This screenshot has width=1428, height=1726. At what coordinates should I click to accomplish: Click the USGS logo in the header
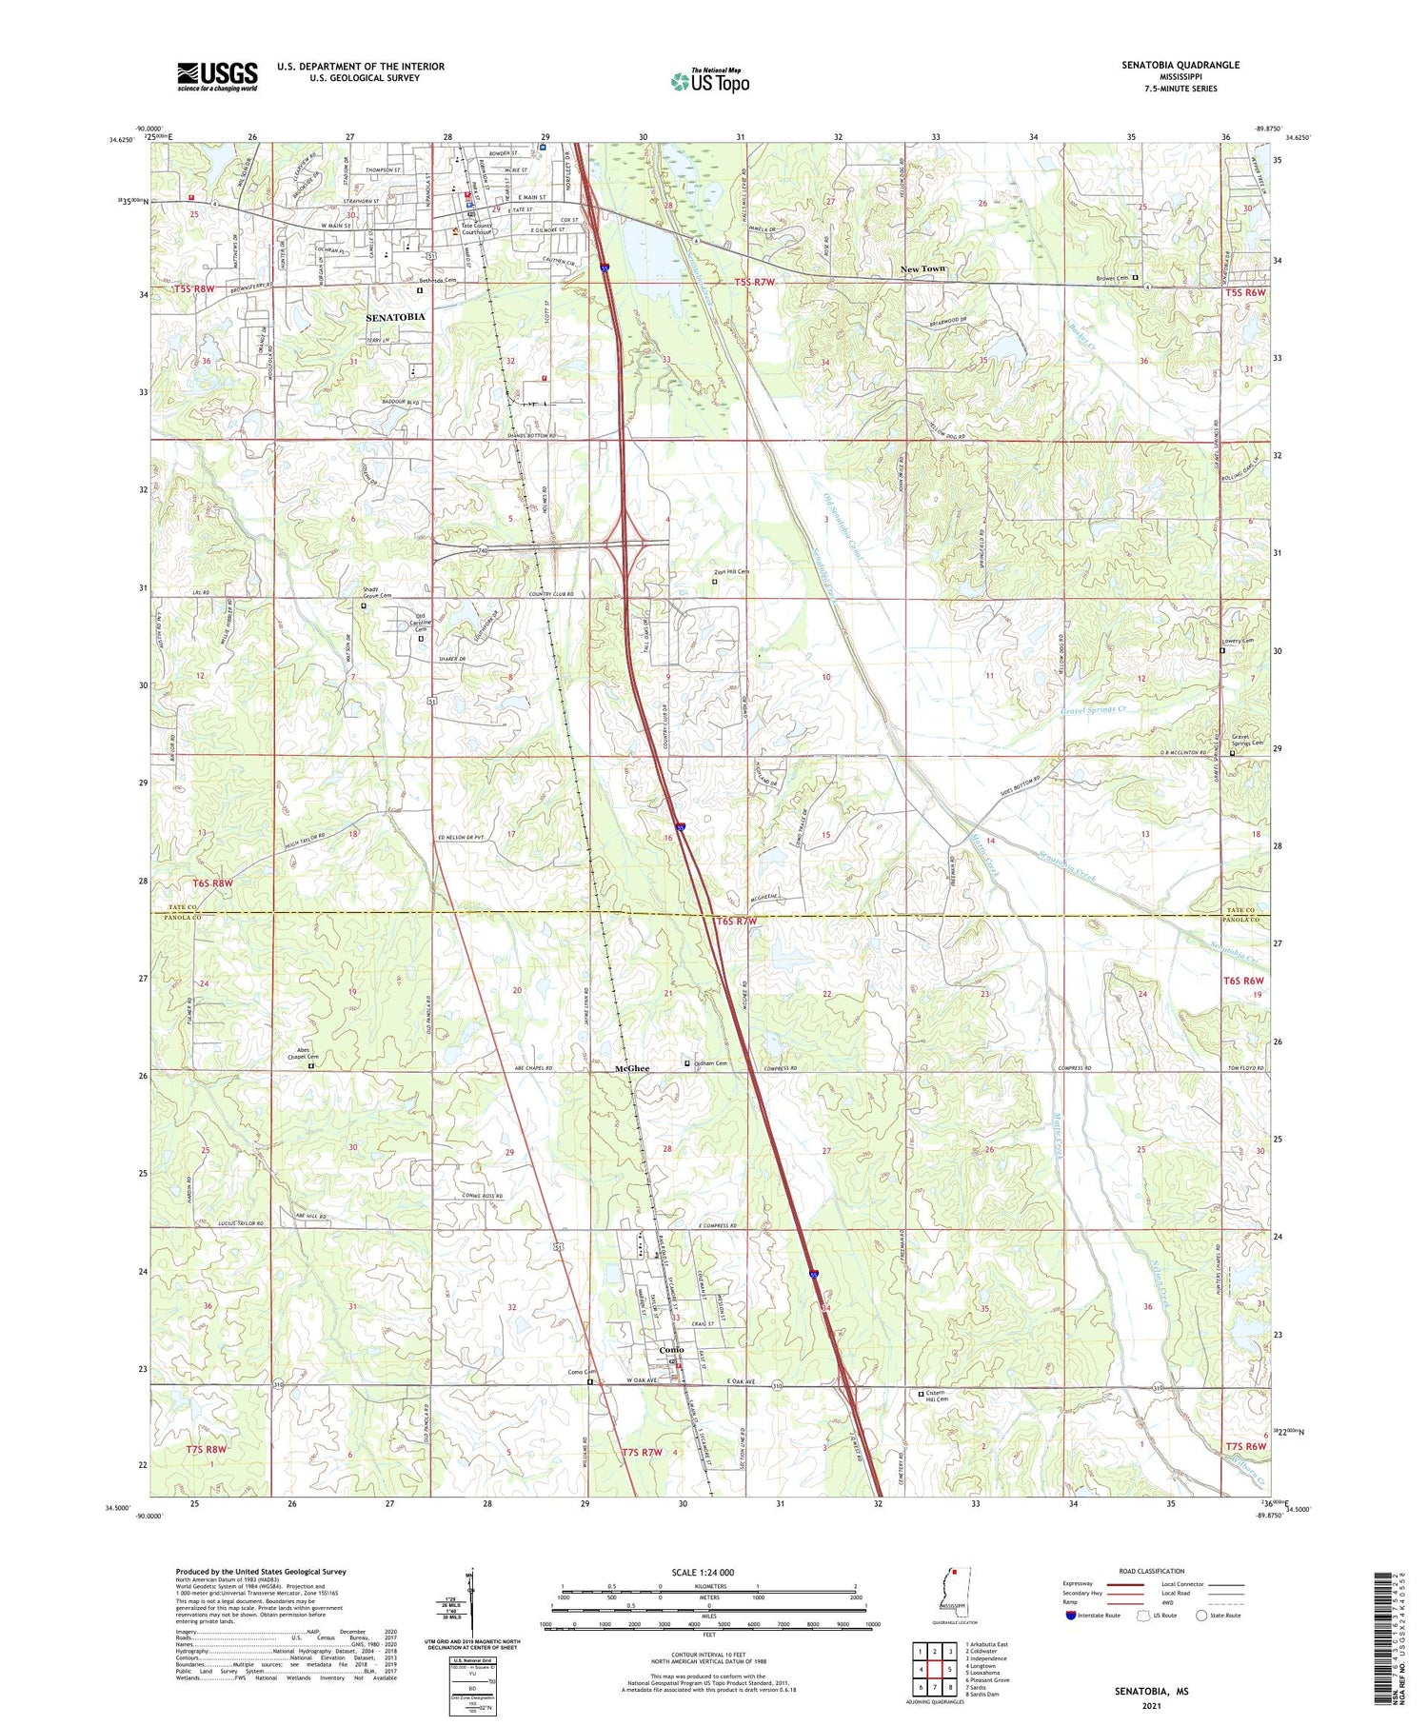click(217, 76)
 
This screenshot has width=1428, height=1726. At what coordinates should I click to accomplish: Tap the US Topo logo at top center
click(709, 82)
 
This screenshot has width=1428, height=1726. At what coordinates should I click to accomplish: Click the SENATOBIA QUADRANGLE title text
click(1181, 65)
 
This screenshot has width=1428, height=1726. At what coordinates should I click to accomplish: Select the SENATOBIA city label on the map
click(395, 316)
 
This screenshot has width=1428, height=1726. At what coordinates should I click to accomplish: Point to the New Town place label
click(922, 269)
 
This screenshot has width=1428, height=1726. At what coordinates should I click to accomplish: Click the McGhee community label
click(632, 1069)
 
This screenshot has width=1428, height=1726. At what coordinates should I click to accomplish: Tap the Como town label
click(672, 1350)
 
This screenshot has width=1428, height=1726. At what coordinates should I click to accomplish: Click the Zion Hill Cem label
click(732, 571)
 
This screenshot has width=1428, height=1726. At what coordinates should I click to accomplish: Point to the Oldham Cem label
click(710, 1063)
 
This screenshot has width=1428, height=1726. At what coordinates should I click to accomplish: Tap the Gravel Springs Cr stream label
click(1093, 710)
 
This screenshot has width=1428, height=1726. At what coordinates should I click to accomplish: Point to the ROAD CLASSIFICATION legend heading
click(1152, 1571)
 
